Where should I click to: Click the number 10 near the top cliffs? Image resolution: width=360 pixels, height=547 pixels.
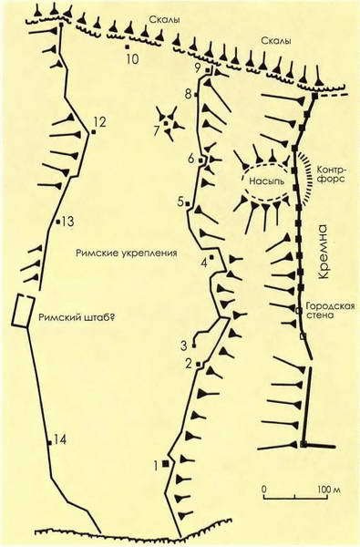click(x=131, y=60)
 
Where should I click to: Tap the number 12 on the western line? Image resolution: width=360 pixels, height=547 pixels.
click(x=99, y=120)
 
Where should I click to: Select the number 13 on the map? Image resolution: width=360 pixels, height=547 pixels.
click(x=67, y=221)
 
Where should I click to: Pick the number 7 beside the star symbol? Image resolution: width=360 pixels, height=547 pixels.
click(x=156, y=131)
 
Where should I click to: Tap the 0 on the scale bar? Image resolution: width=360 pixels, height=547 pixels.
click(x=264, y=490)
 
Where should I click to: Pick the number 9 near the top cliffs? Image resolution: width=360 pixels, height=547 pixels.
click(x=198, y=67)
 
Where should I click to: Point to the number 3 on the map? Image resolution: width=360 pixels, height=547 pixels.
click(x=183, y=345)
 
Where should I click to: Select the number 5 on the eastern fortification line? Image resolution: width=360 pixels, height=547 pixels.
click(x=181, y=201)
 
